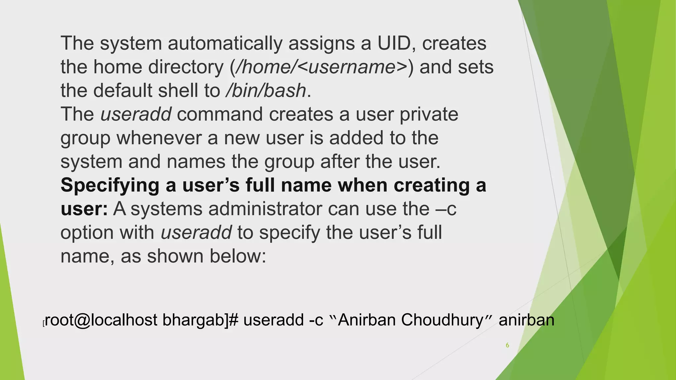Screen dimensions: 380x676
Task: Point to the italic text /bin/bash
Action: click(x=266, y=91)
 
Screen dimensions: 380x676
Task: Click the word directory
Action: click(x=186, y=67)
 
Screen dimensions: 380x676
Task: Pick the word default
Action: click(x=122, y=91)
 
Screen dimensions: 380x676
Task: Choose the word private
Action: click(x=429, y=115)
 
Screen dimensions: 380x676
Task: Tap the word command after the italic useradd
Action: click(x=220, y=114)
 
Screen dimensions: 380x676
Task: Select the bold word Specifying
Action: click(x=110, y=186)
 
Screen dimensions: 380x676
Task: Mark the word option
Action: click(x=87, y=233)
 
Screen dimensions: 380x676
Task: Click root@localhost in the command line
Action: click(x=101, y=320)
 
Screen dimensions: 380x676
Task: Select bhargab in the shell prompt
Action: click(x=193, y=320)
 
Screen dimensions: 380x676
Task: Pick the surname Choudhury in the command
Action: click(x=442, y=320)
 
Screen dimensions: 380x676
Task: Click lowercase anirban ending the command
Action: click(x=526, y=320)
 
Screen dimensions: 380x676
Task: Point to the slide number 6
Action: click(x=507, y=345)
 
